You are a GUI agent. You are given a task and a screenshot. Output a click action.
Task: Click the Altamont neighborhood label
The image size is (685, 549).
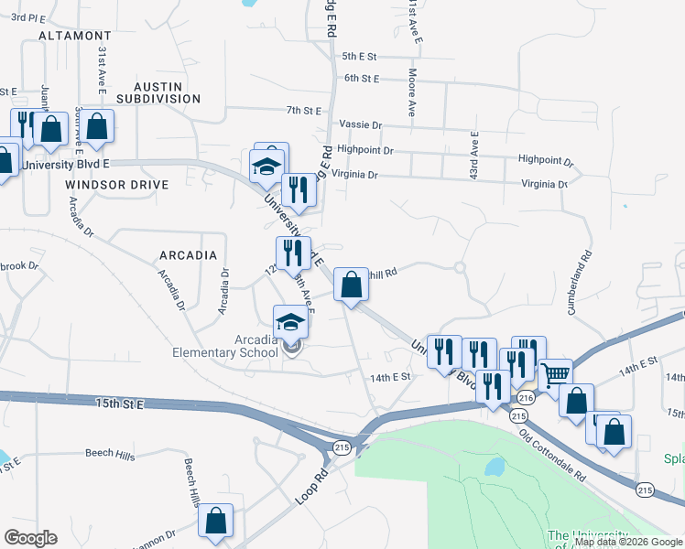click(x=75, y=36)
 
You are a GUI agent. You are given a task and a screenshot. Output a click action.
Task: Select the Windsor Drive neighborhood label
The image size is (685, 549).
click(x=117, y=185)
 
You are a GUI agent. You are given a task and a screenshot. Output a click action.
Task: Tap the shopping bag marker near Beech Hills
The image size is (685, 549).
click(x=215, y=522)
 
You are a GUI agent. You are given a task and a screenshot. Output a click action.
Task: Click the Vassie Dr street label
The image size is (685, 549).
click(x=360, y=124)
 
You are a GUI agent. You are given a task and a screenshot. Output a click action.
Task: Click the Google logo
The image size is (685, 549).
click(x=30, y=538)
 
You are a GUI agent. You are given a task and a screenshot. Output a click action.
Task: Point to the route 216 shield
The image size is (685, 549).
click(x=525, y=398)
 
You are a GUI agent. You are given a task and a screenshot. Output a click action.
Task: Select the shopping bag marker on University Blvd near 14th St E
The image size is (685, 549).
click(x=351, y=285)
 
